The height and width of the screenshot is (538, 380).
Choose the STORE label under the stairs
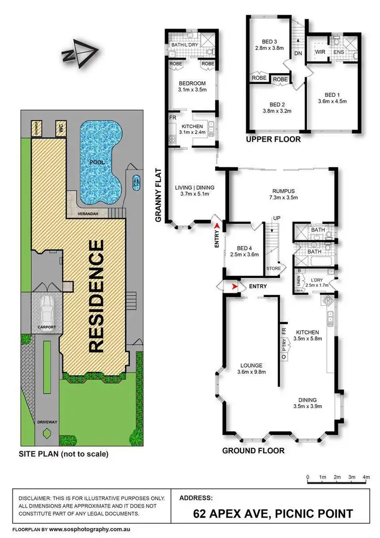[x=274, y=269]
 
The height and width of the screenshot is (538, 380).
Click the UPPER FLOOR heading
[x=273, y=139]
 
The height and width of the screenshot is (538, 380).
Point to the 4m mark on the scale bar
[x=366, y=477]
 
